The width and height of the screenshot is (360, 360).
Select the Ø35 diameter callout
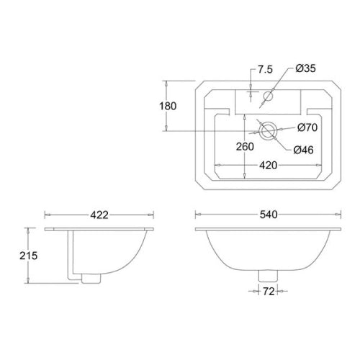click(x=305, y=69)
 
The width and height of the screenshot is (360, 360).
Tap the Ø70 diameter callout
click(x=307, y=128)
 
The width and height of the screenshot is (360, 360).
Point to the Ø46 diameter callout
click(x=303, y=149)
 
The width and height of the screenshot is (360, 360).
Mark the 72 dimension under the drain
click(x=268, y=291)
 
